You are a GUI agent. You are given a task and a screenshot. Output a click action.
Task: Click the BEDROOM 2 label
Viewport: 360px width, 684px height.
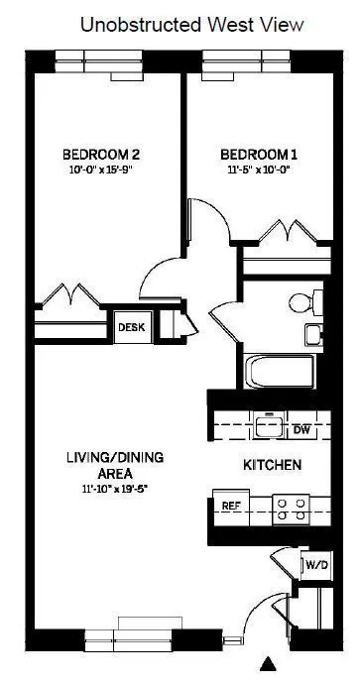tap(101, 155)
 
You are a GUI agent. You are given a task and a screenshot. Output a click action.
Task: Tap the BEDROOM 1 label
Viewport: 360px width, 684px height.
tap(258, 155)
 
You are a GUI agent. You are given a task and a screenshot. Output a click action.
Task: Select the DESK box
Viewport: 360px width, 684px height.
tap(131, 326)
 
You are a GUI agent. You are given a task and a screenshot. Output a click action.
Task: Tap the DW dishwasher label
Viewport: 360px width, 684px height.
tap(302, 430)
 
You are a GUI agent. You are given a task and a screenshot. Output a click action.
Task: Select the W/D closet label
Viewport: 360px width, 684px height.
tap(315, 565)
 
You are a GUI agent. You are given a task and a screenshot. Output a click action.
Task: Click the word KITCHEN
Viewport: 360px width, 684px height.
tap(273, 464)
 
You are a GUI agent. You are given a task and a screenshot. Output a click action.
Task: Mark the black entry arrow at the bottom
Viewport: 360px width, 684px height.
tap(267, 664)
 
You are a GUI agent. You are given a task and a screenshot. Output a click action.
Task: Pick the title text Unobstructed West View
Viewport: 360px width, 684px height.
tap(179, 24)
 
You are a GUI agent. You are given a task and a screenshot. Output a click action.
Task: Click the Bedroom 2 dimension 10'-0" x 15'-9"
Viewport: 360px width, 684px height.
tap(101, 170)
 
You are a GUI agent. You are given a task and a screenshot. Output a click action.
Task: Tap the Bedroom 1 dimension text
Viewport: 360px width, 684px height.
tap(258, 170)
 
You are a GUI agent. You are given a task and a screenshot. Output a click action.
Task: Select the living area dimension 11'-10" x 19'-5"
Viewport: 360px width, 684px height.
tap(115, 489)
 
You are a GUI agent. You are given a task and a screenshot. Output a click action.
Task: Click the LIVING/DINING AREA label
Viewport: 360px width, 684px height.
tap(115, 465)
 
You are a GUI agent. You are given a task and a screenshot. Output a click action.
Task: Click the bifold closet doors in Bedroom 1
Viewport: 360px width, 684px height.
tap(288, 235)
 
